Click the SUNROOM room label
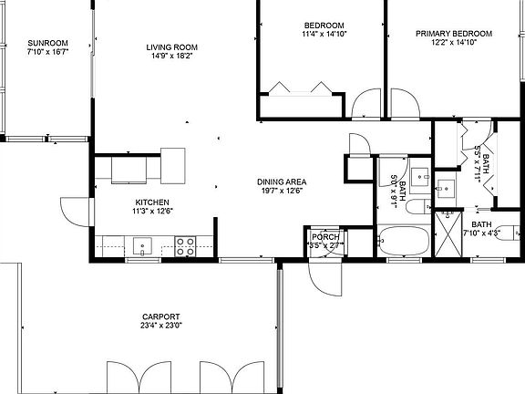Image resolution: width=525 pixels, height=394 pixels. coord(47,43)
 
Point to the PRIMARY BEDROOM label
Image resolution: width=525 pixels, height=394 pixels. coord(453,34)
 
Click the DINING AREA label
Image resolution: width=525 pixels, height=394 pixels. coord(280,181)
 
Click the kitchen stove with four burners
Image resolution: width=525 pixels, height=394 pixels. coord(186,244)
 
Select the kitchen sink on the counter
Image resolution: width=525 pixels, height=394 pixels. coord(141,244)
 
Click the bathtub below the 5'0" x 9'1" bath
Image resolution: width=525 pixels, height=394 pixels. coord(403,242)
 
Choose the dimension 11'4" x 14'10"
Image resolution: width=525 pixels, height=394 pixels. coord(324,35)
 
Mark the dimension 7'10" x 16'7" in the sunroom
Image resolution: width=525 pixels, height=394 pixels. coord(47,52)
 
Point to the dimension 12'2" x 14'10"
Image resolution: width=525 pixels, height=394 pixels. coord(453,43)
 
